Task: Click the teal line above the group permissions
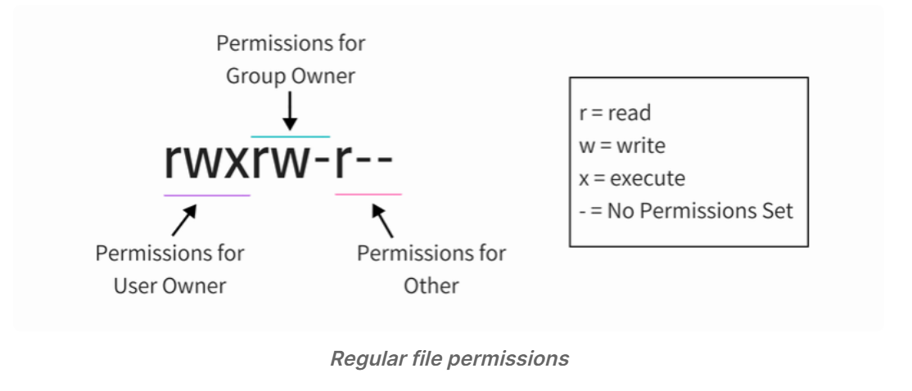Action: (x=291, y=137)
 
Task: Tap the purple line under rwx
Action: (x=207, y=195)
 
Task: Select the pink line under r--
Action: (x=368, y=194)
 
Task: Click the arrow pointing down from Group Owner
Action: (x=291, y=111)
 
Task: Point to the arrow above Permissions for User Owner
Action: (x=184, y=220)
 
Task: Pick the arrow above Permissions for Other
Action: (x=382, y=220)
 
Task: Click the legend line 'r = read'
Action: (x=615, y=113)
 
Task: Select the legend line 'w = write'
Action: (x=621, y=146)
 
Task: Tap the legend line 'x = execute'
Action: (x=632, y=178)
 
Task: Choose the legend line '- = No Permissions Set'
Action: (x=686, y=211)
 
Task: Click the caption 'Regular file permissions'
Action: (x=449, y=358)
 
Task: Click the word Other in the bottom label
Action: (x=431, y=285)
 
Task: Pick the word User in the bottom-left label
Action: (x=133, y=285)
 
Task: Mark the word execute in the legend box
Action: (x=648, y=178)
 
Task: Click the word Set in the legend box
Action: (x=779, y=211)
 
